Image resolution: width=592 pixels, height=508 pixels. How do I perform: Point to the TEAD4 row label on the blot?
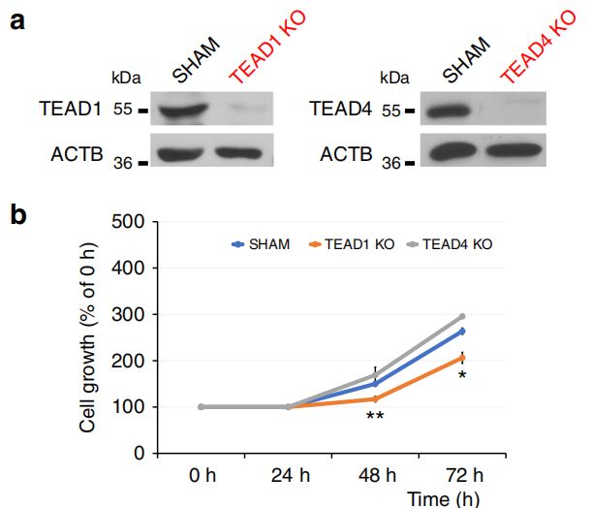pos(344,111)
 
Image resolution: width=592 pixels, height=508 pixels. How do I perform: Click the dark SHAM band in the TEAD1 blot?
pos(188,111)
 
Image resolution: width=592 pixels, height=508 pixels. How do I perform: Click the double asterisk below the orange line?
pos(375,418)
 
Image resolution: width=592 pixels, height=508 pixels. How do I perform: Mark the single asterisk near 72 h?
pos(462,374)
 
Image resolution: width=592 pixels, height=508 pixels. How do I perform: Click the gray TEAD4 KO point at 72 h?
pos(461,316)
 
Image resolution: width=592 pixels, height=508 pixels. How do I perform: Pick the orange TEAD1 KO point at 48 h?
pos(375,398)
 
